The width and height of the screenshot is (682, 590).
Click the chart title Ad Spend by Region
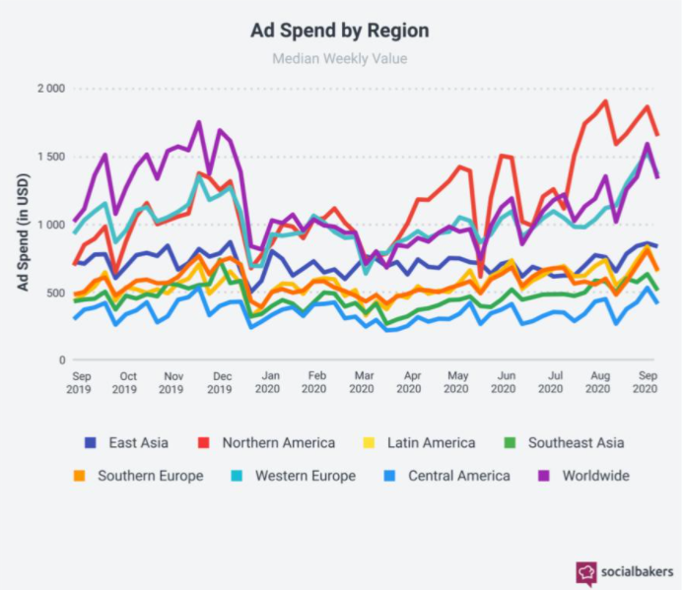340,31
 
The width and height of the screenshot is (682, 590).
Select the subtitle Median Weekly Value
340,58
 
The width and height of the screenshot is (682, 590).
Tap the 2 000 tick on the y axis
49,89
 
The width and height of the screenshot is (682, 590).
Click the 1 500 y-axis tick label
49,157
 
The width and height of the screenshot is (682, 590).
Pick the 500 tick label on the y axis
55,293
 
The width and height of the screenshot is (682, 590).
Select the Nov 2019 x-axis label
173,383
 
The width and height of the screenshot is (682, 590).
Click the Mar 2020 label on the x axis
364,383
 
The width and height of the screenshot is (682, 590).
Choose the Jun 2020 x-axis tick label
507,383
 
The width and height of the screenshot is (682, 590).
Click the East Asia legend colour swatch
91,443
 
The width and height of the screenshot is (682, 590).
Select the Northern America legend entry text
278,443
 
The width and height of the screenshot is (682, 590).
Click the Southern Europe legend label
150,476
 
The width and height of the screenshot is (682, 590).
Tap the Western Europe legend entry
305,476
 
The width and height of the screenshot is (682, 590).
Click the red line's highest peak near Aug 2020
605,100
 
